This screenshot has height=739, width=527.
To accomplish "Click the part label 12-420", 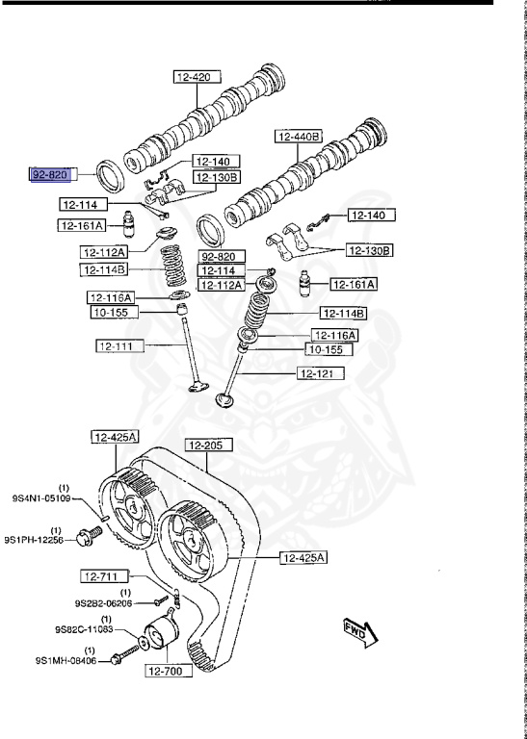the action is point(198,77).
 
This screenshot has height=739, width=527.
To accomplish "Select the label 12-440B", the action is point(298,137).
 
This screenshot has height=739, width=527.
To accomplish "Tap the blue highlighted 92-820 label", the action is point(50,175).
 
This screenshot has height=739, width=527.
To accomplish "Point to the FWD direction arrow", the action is point(360,632).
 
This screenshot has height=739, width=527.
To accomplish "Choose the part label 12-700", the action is point(169,671).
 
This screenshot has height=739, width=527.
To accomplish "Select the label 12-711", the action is point(105,576).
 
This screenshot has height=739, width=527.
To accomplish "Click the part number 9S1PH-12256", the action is point(34,540).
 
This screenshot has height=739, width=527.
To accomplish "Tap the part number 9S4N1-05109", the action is point(41,497).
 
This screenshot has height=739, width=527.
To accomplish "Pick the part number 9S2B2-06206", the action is point(103,602).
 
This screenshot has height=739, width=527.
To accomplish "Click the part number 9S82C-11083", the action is point(84,628).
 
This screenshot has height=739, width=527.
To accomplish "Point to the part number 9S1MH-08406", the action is point(66,661).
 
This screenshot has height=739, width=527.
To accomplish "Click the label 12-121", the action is point(321,373).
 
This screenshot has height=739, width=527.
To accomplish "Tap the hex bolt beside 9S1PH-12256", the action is point(90,536).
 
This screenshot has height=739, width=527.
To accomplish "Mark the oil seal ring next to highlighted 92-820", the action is point(111,176).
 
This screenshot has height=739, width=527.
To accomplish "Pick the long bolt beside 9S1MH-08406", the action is point(125,654).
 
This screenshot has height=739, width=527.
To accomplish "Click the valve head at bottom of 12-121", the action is point(225,400).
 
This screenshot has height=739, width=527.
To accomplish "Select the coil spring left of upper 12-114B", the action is point(173,266).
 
